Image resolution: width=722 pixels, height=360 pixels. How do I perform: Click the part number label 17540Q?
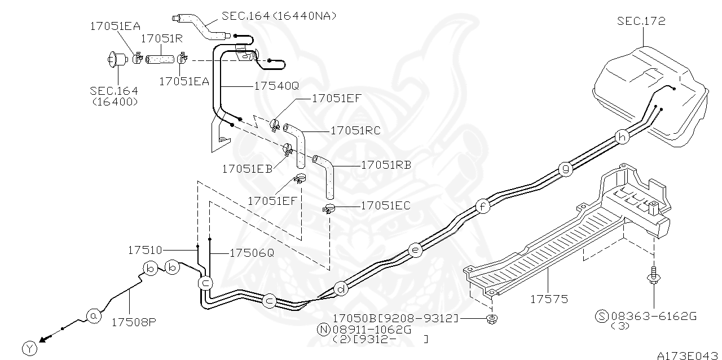[x=268, y=86]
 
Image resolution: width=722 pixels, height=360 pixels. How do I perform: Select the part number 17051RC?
[x=355, y=130]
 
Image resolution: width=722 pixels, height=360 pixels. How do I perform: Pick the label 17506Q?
[x=252, y=253]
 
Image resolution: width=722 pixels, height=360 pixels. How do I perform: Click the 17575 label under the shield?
[x=549, y=299]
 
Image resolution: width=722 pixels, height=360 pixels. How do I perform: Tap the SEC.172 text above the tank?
[x=641, y=21]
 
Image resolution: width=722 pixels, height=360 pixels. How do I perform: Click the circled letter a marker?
[x=94, y=317]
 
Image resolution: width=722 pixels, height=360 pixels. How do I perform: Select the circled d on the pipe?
[x=341, y=289]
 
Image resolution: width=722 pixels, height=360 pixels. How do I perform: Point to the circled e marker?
[x=415, y=249]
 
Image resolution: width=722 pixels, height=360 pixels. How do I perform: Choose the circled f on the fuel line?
[x=482, y=207]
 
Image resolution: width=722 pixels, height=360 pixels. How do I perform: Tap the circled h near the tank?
[x=622, y=137]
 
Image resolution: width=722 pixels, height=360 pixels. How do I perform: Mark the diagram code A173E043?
[x=688, y=355]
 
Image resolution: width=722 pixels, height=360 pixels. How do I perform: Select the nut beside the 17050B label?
[x=491, y=319]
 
